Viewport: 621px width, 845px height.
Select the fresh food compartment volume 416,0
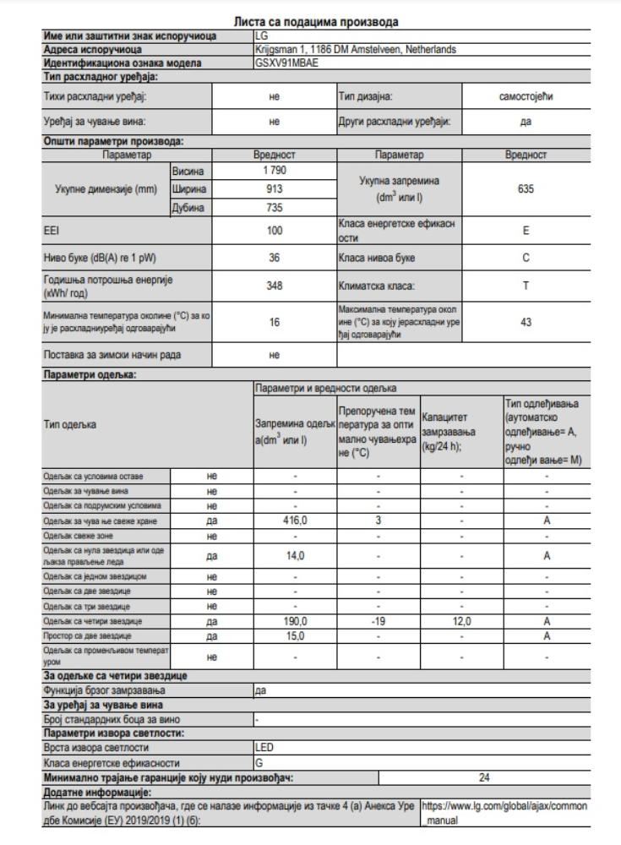point(295,522)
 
